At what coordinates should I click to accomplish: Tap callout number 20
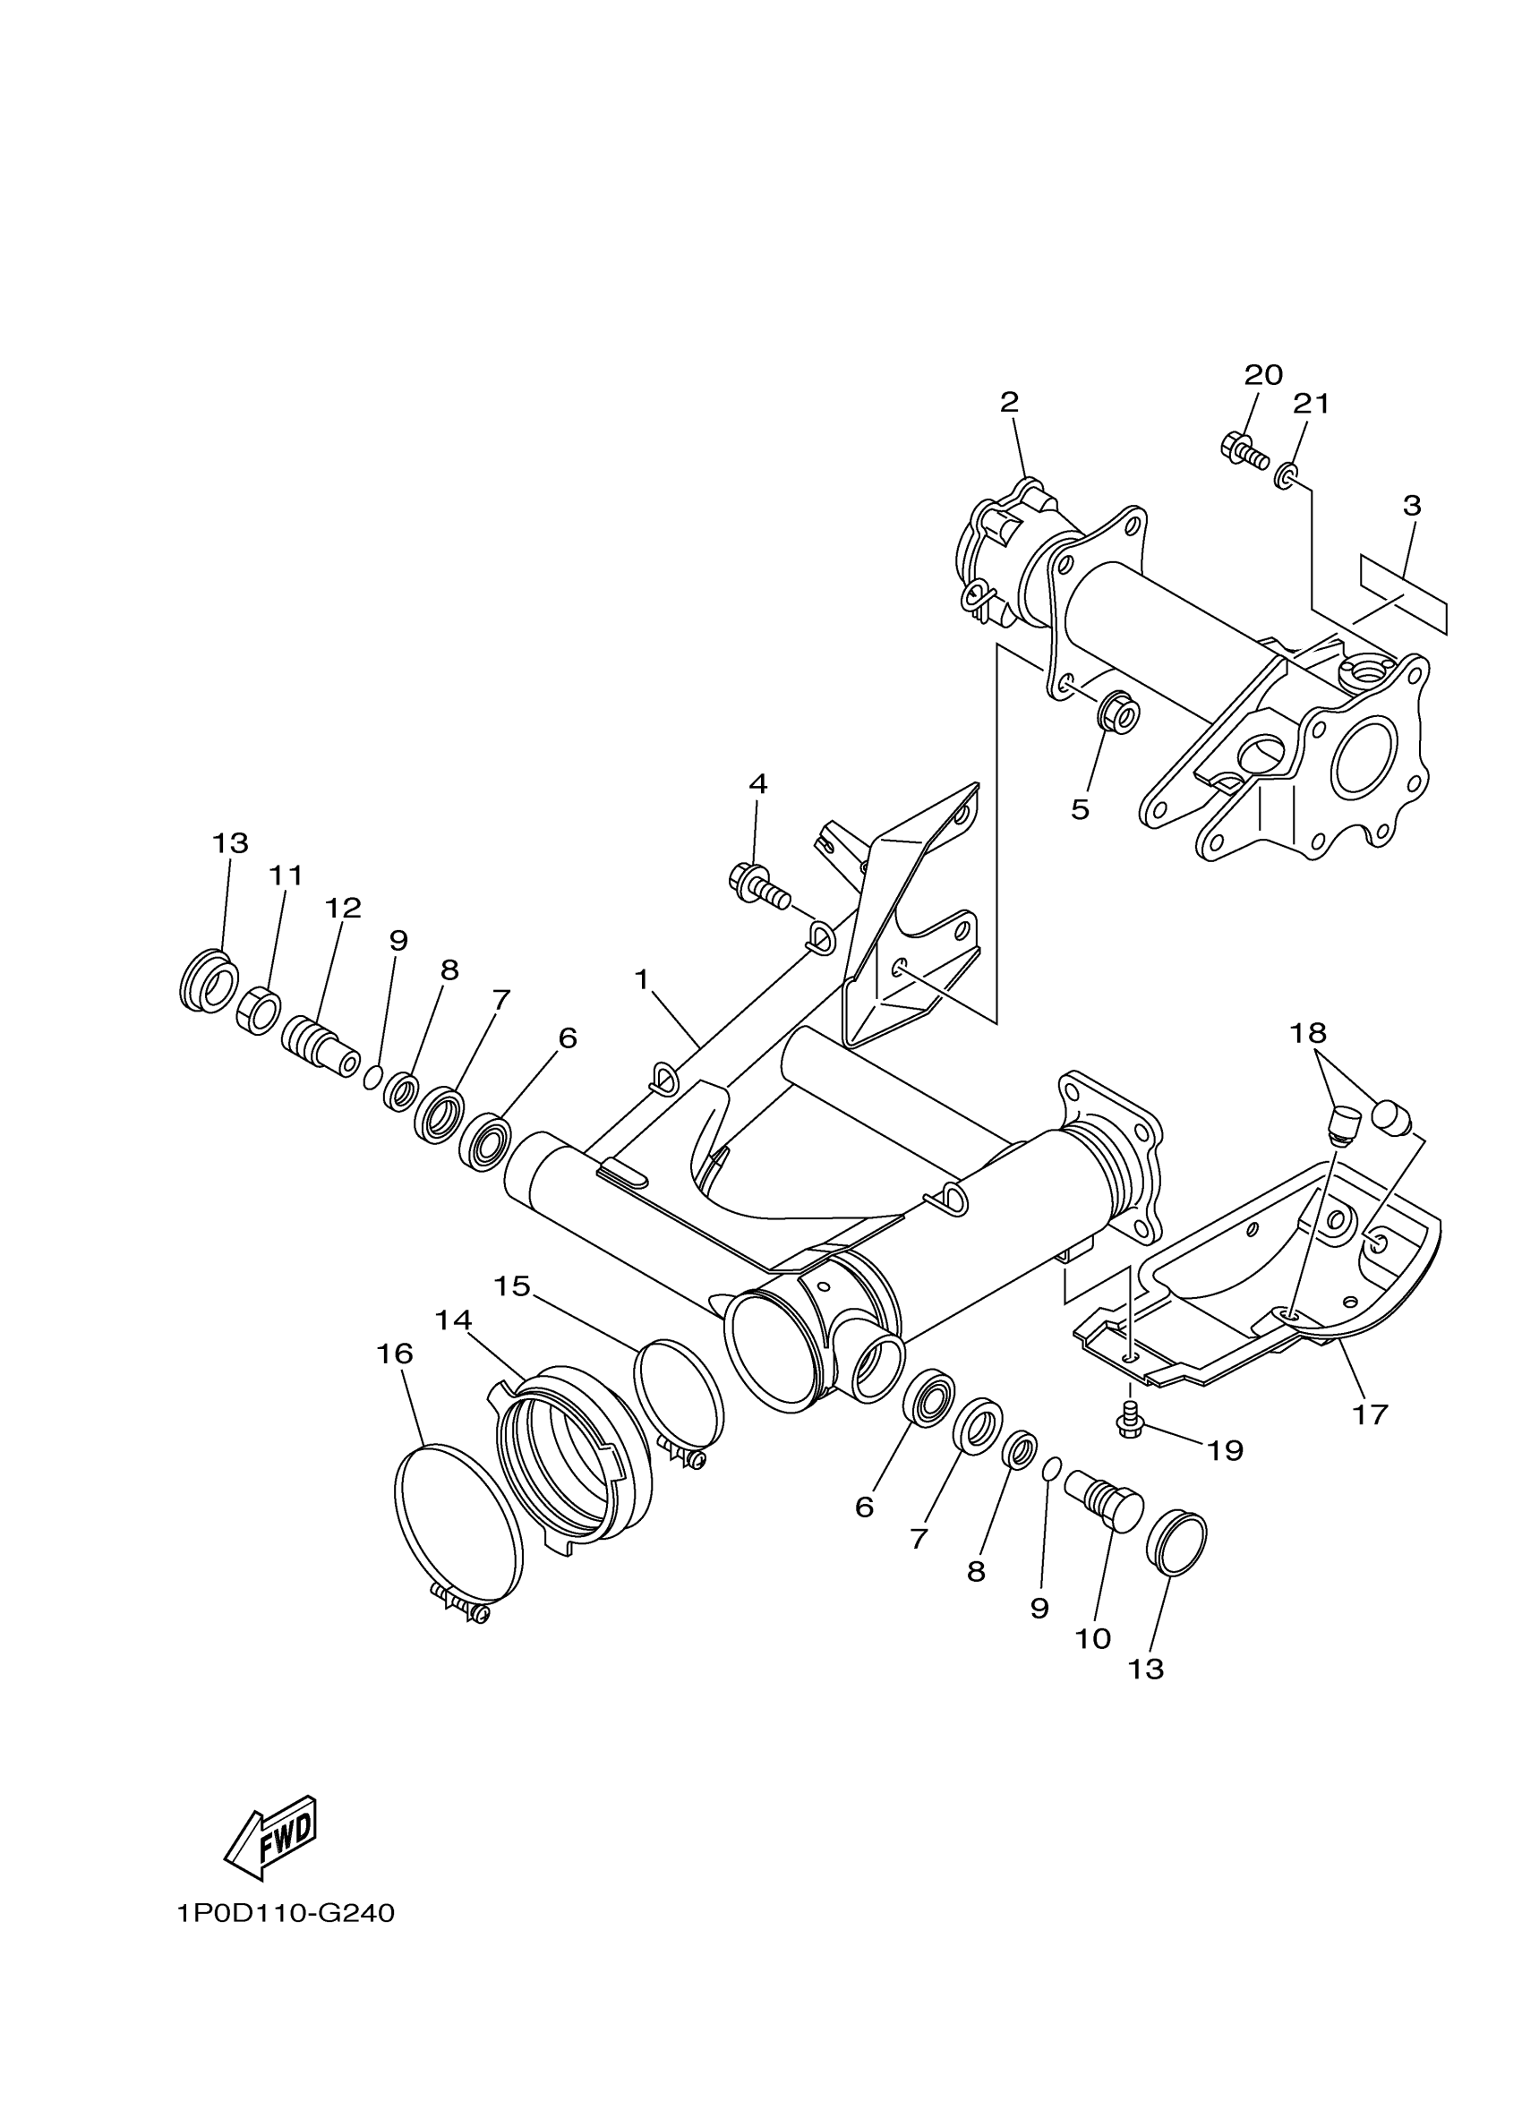tap(1262, 375)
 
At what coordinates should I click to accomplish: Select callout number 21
tap(1311, 404)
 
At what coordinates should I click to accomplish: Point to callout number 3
tap(1411, 506)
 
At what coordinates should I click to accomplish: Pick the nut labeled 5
tap(1117, 714)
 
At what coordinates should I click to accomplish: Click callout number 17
tap(1370, 1414)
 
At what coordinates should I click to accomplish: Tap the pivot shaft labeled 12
tap(320, 1041)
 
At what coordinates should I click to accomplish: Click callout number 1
tap(641, 978)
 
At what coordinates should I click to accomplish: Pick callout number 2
tap(1009, 402)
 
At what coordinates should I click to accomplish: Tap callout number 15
tap(511, 1285)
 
